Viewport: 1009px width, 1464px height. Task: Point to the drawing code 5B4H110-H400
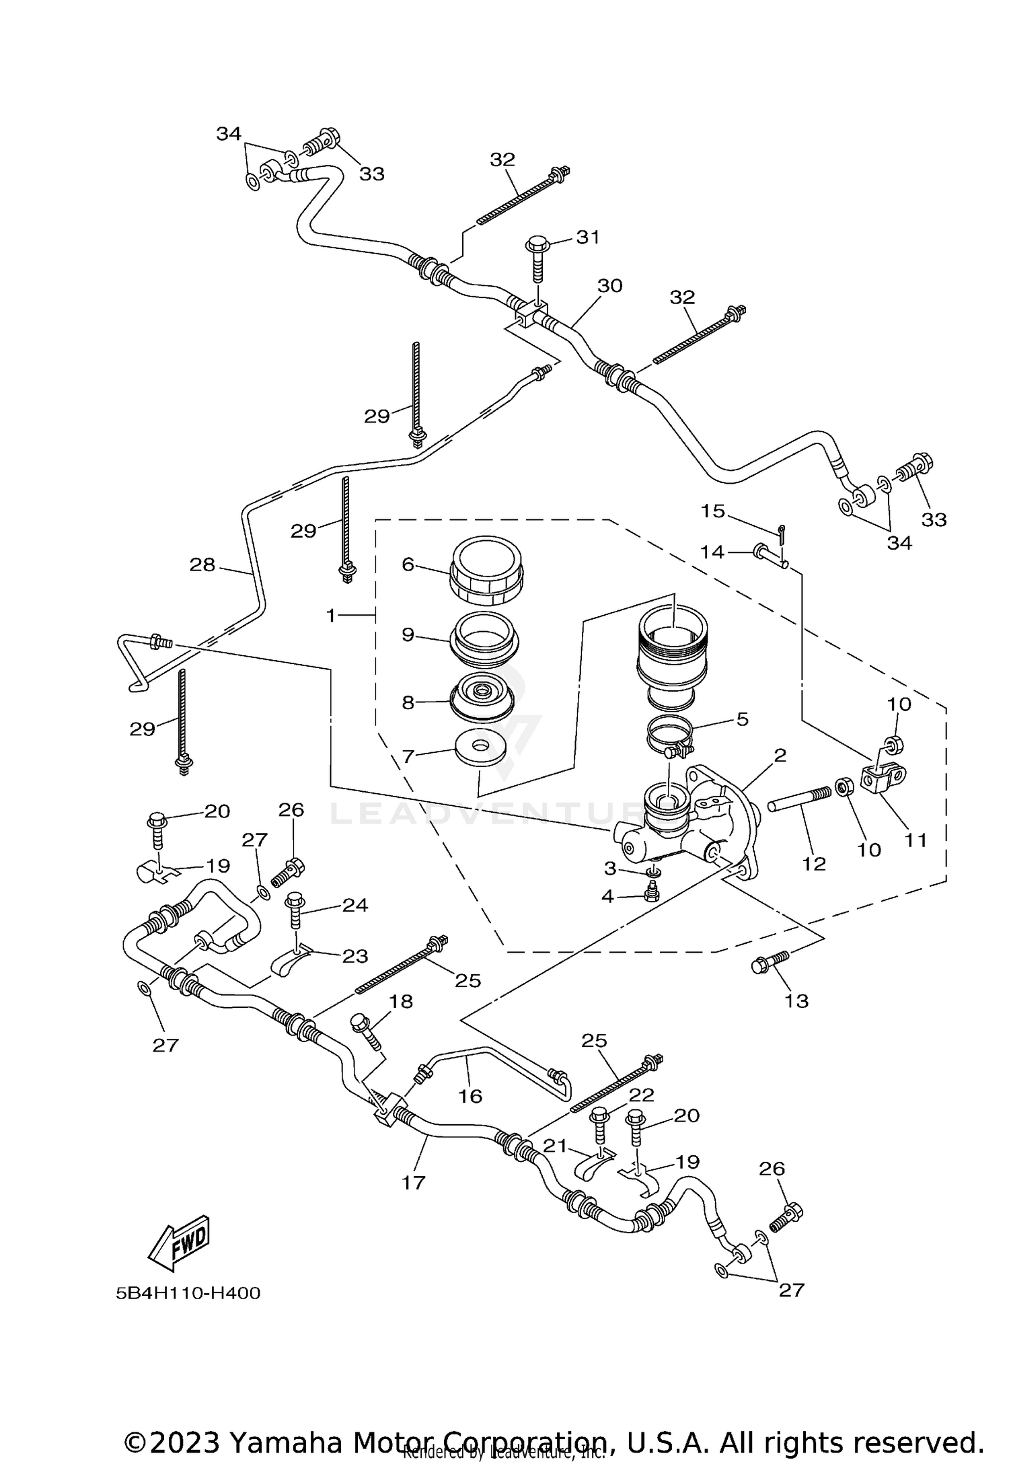(188, 1292)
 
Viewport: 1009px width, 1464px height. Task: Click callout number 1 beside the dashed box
(330, 615)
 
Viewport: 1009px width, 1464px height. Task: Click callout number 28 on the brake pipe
(202, 564)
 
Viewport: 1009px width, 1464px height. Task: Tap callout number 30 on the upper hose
(609, 286)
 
